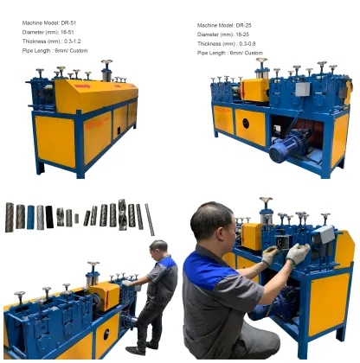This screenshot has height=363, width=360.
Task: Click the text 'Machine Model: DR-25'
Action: (x=224, y=26)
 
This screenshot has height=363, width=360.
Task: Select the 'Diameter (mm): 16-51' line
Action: (x=43, y=30)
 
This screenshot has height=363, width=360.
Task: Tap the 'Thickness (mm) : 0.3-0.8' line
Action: (x=227, y=43)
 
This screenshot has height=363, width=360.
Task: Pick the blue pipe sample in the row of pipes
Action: (x=30, y=216)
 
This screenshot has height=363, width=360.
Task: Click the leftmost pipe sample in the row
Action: (x=9, y=216)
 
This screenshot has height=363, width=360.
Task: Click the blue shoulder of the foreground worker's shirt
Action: (x=205, y=263)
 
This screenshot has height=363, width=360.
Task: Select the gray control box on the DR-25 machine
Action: (x=302, y=88)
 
